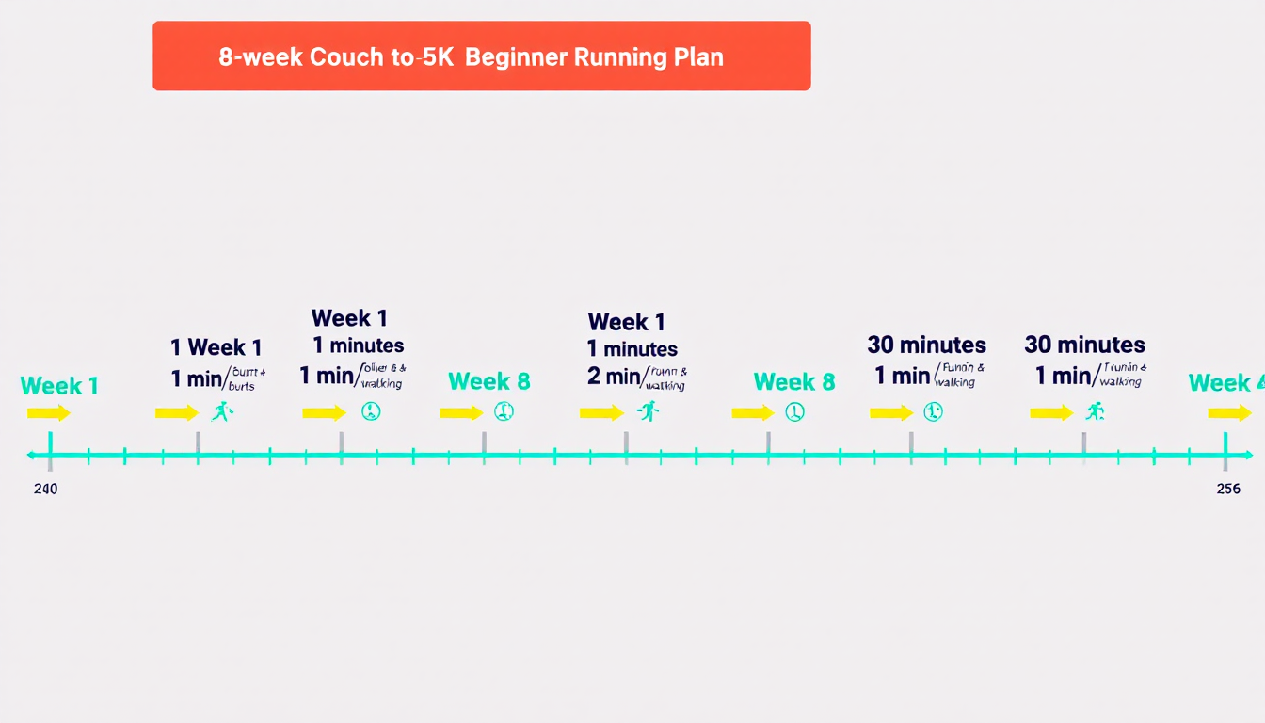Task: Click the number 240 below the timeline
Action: pyautogui.click(x=45, y=489)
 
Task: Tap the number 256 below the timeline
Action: pyautogui.click(x=1227, y=489)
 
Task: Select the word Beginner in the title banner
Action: pyautogui.click(x=515, y=56)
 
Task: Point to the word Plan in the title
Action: pyautogui.click(x=698, y=56)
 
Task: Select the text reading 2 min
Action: pyautogui.click(x=614, y=377)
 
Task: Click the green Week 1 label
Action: pyautogui.click(x=59, y=386)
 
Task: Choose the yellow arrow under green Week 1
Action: pyautogui.click(x=49, y=412)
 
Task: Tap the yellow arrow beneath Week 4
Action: pyautogui.click(x=1229, y=412)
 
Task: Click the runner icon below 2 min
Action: pyautogui.click(x=648, y=411)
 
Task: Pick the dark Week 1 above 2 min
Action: pyautogui.click(x=626, y=322)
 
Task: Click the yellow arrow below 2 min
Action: pyautogui.click(x=601, y=412)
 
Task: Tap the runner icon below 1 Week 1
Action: pyautogui.click(x=222, y=411)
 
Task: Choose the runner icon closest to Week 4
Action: pyautogui.click(x=1094, y=411)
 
